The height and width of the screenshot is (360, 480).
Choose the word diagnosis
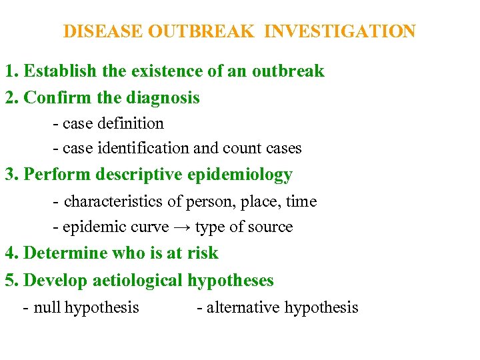(x=163, y=98)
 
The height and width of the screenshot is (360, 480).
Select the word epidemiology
(x=240, y=175)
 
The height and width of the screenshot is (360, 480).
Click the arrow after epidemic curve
(x=182, y=227)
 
